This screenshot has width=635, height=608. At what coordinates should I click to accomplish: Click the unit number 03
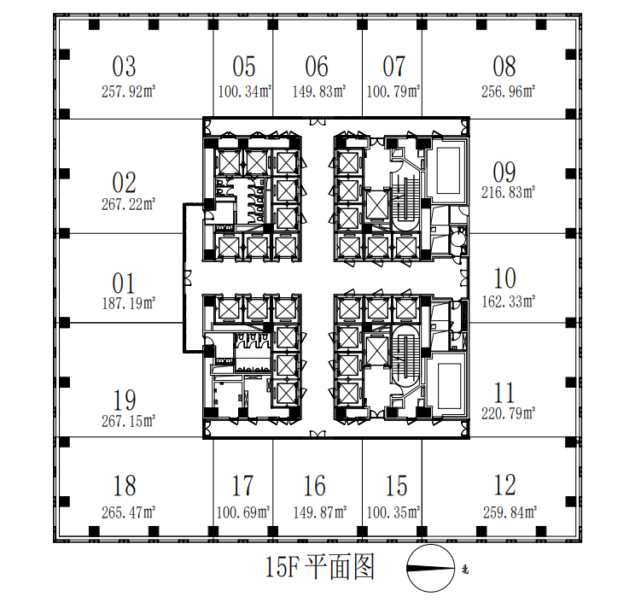click(x=125, y=67)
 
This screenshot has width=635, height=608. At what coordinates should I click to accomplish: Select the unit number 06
click(x=317, y=67)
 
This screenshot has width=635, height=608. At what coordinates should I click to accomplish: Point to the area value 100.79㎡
click(x=393, y=90)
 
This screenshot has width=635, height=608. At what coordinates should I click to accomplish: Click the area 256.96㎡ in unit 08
click(x=505, y=90)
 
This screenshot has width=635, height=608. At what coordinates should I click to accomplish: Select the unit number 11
click(x=505, y=393)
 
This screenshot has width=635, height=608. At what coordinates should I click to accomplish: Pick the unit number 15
click(x=396, y=487)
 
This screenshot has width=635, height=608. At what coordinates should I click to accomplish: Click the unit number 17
click(x=242, y=487)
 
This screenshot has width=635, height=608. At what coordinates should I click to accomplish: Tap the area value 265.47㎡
click(x=125, y=512)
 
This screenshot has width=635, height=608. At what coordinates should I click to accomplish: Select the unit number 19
click(x=125, y=399)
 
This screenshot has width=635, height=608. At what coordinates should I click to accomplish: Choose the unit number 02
click(x=125, y=182)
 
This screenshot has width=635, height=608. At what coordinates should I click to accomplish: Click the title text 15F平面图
click(x=320, y=567)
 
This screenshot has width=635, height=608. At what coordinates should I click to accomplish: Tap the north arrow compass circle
click(x=431, y=569)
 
